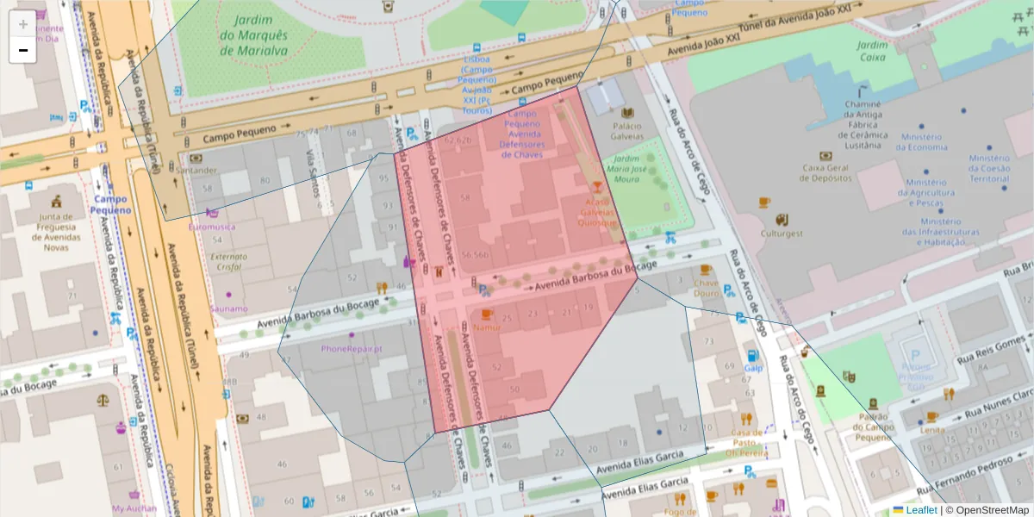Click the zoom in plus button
[23, 23]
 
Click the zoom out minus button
[23, 50]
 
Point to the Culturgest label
[782, 233]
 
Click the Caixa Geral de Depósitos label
[826, 173]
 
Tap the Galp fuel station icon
[753, 355]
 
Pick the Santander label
[196, 170]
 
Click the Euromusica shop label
[211, 227]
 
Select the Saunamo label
[228, 308]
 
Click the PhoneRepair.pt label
[351, 349]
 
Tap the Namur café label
[487, 327]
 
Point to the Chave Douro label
[706, 288]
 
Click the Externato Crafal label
[228, 261]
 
